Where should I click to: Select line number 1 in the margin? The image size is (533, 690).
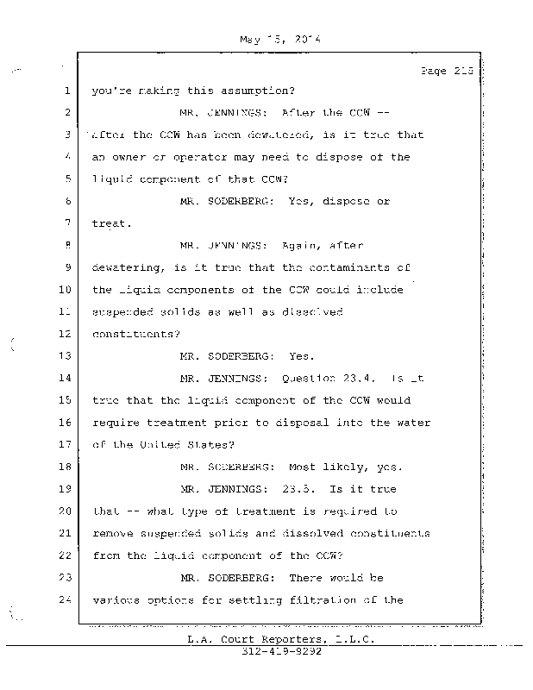[66, 91]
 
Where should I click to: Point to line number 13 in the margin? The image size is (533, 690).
[63, 356]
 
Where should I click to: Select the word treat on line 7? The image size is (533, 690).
[110, 223]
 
